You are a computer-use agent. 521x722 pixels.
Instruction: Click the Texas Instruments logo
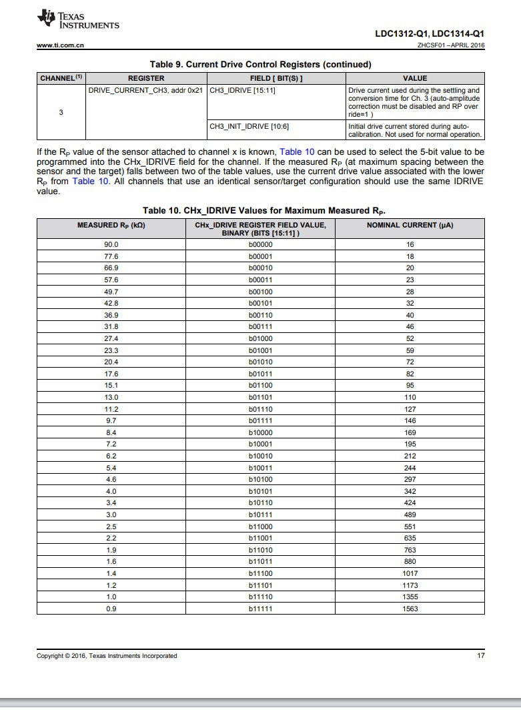pos(79,21)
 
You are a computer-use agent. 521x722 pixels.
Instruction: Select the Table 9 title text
pos(260,64)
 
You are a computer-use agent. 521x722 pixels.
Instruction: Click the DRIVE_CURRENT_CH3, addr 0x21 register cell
pos(145,90)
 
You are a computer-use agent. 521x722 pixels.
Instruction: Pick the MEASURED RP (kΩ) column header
pos(111,225)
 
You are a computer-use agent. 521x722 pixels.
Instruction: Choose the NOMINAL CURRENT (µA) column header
pos(410,225)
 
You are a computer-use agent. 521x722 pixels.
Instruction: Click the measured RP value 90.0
pos(111,244)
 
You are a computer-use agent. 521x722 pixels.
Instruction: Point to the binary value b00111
pos(259,326)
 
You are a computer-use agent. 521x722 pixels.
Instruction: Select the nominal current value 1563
pos(410,608)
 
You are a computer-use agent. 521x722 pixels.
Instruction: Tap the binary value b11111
pos(259,608)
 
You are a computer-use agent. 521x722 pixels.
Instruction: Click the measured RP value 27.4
pos(111,338)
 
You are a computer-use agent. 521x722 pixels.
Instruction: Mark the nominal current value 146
pos(410,420)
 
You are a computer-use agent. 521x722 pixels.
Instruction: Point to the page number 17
pos(480,656)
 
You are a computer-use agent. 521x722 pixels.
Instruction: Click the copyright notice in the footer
pos(107,656)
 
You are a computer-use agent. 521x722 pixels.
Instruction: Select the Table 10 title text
pos(264,211)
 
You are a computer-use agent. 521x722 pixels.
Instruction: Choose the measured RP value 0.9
pos(111,608)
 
